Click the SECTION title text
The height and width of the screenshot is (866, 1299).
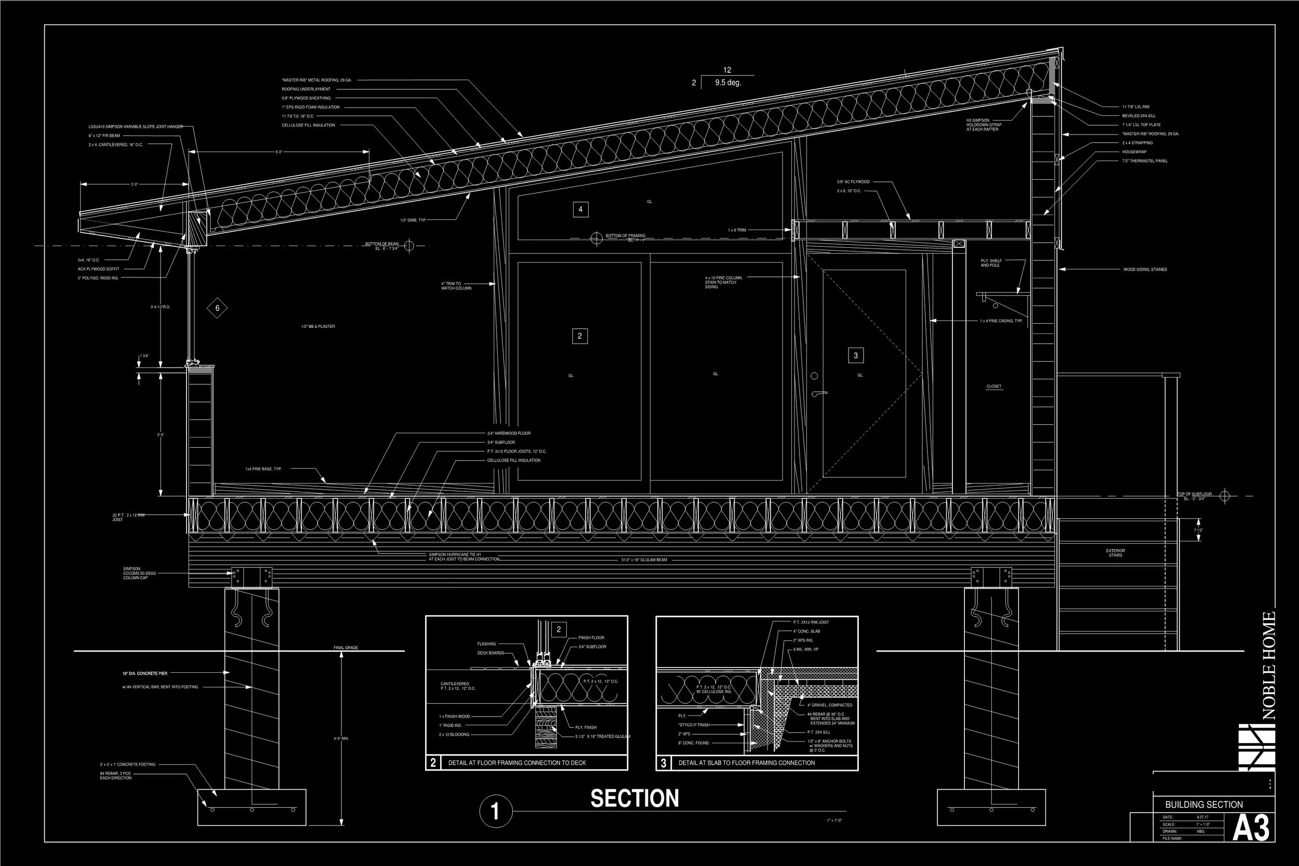pos(634,798)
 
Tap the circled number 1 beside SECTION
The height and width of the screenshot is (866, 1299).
pos(495,811)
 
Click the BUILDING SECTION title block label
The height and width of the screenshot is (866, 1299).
pos(1204,805)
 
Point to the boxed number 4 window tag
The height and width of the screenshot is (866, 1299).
pos(580,209)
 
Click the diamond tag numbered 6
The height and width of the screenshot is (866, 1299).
pos(217,308)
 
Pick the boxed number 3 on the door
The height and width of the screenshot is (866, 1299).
pos(855,356)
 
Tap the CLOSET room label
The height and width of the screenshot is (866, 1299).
pos(993,387)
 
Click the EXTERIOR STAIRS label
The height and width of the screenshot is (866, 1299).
pos(1115,553)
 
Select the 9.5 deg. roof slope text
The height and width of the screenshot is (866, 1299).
pos(728,83)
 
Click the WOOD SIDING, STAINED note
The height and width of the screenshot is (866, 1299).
pos(1145,270)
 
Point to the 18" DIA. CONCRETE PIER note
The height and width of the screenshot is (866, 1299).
pos(144,673)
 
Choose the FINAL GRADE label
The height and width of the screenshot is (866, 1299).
pos(346,648)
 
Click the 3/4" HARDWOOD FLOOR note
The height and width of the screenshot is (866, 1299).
pos(509,434)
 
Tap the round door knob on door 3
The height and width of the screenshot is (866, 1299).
pos(814,376)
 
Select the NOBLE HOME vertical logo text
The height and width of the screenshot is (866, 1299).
pos(1269,665)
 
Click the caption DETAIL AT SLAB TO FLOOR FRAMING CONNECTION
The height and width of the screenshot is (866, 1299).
pos(746,763)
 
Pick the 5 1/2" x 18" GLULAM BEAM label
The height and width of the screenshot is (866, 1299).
pos(644,560)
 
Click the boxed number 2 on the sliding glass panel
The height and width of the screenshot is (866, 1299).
pos(579,336)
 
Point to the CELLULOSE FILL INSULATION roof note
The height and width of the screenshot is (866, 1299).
pos(308,125)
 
